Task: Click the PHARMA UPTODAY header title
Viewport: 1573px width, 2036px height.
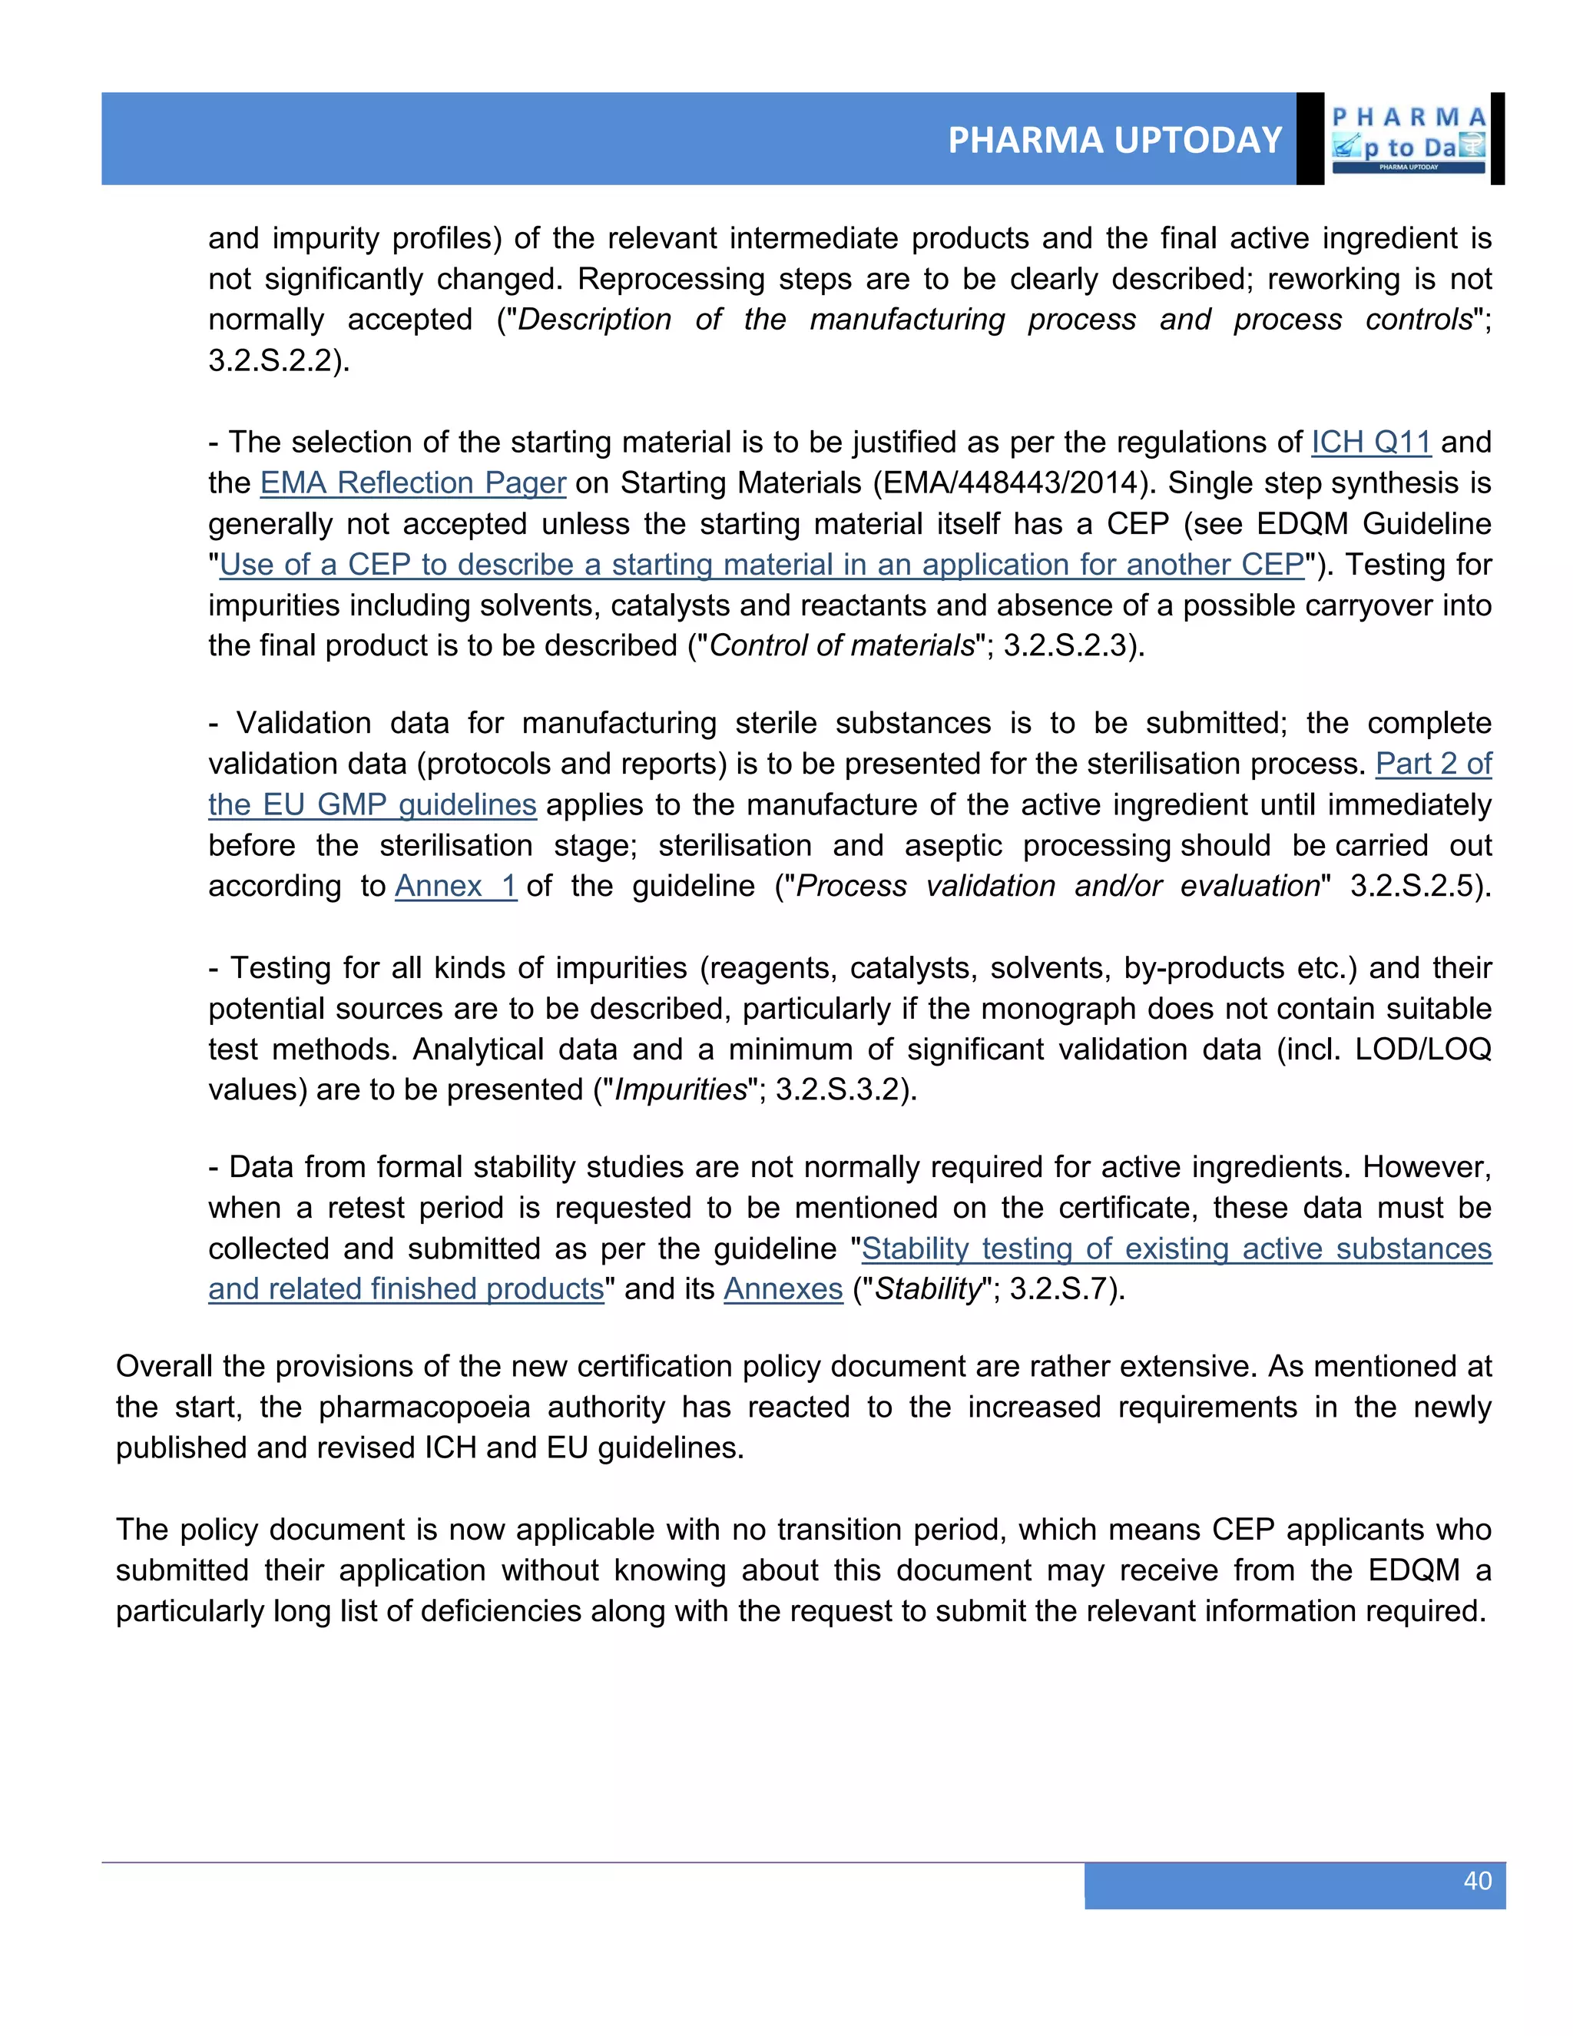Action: [x=1114, y=140]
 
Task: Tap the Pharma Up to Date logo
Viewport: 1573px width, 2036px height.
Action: [x=1408, y=140]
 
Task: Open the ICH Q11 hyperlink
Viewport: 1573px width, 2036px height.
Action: [x=1371, y=442]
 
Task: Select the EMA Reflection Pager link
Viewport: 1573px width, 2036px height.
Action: [x=412, y=483]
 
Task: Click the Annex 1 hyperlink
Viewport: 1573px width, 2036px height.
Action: [x=455, y=886]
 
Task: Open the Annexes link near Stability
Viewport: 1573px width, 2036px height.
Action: [x=783, y=1288]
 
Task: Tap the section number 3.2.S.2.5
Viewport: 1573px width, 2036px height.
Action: [x=1419, y=886]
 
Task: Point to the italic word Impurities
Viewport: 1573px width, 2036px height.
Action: [x=681, y=1089]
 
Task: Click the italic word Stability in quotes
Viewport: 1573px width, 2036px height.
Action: [x=928, y=1288]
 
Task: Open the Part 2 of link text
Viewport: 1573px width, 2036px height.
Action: [x=1433, y=764]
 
